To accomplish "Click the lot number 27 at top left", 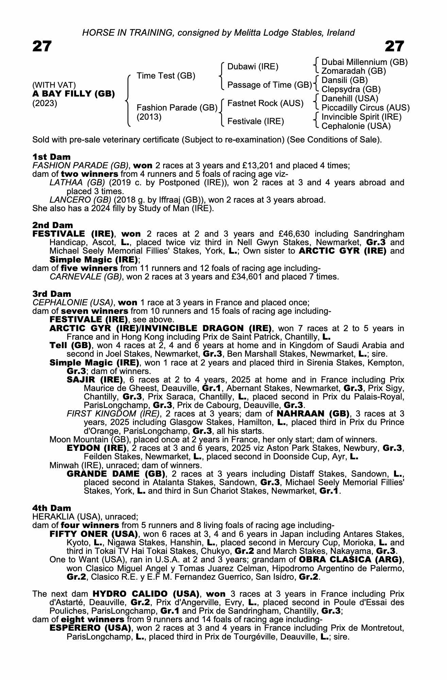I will point(42,46).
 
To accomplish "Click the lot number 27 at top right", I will point(394,46).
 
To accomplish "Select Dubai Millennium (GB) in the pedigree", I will point(364,62).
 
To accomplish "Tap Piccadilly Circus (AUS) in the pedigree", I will point(365,108).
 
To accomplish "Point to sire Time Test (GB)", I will point(166,76).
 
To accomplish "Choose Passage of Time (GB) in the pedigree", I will point(270,85).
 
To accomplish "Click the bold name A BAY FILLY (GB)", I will point(73,94).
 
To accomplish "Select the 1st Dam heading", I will point(51,157).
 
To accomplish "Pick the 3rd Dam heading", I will point(52,294).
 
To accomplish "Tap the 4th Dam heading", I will point(52,508).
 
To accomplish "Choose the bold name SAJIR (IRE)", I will point(95,380).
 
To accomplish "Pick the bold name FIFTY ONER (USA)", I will point(93,534).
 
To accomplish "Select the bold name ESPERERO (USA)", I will point(90,628).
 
